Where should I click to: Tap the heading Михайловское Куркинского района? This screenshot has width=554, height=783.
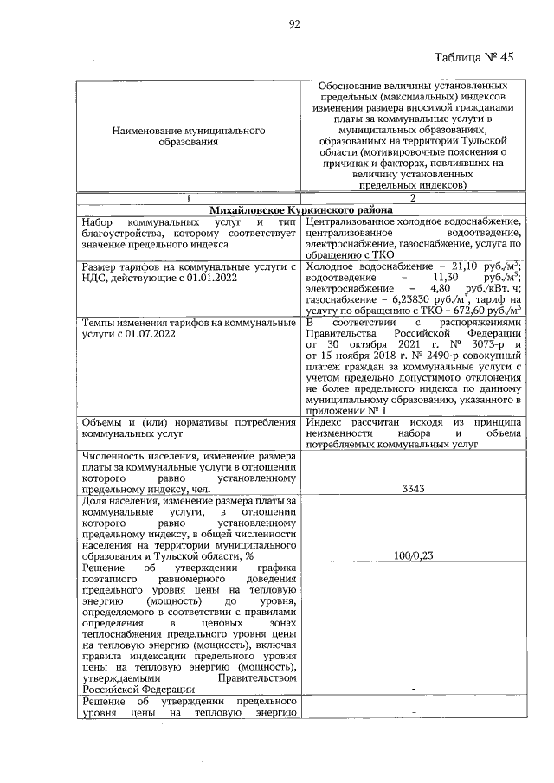[x=300, y=209]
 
